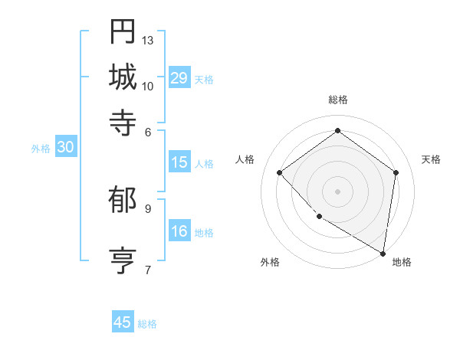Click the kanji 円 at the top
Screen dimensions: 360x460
pos(123,31)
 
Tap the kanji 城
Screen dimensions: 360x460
pos(123,77)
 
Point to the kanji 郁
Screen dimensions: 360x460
pos(123,200)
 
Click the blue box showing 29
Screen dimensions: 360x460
pos(179,78)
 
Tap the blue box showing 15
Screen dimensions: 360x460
pos(179,162)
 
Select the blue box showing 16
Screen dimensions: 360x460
pos(179,231)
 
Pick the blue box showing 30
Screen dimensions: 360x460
pos(65,148)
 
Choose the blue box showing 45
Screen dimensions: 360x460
pos(123,322)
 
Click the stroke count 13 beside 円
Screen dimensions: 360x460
pos(148,40)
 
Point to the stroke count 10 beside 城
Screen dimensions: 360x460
pos(148,86)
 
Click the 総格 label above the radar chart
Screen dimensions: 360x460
pos(337,100)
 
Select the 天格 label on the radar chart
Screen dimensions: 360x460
pos(431,159)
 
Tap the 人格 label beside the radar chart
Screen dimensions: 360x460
pos(245,159)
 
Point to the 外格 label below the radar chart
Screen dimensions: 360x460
pos(269,262)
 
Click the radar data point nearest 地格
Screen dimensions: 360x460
pos(383,253)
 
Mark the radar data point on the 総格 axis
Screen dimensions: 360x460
pos(337,131)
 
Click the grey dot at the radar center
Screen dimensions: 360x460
pos(337,191)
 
